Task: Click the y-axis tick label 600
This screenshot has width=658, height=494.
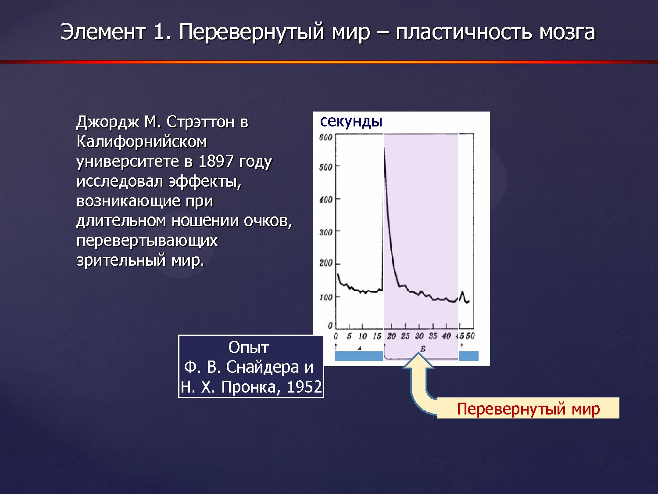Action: (325, 137)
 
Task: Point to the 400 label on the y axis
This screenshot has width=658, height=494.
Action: (325, 200)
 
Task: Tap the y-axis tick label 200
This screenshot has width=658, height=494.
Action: (325, 263)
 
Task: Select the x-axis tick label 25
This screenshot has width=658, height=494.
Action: (405, 336)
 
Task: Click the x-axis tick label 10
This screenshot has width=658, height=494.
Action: (362, 336)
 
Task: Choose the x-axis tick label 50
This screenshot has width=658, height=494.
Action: (470, 336)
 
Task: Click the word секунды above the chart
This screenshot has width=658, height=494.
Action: (351, 122)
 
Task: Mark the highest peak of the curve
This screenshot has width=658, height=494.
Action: (385, 147)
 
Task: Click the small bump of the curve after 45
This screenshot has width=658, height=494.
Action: (462, 292)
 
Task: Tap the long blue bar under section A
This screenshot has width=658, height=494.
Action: (359, 356)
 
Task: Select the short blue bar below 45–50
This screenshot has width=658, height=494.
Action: (469, 356)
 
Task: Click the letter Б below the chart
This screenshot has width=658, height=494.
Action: (423, 349)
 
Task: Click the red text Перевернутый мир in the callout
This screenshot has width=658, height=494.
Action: (528, 408)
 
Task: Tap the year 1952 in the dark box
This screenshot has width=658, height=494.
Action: (304, 387)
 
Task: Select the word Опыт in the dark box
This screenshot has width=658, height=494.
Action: (249, 348)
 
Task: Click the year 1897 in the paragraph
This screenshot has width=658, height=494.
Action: (216, 161)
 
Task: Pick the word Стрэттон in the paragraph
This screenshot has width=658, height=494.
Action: (200, 122)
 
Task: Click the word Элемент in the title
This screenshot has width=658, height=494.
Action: (103, 32)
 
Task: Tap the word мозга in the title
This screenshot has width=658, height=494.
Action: (567, 32)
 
